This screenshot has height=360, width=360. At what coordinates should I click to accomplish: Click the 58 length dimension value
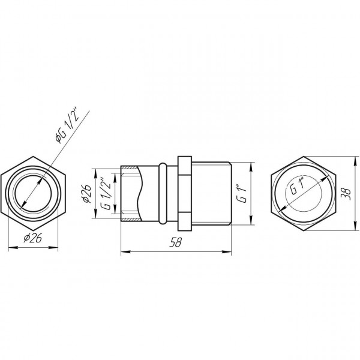pos(175,242)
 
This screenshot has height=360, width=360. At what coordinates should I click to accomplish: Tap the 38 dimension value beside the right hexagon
pos(346,194)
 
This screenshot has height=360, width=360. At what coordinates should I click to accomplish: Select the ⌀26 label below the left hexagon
pos(33,238)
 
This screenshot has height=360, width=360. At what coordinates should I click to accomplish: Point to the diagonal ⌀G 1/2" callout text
pos(67,126)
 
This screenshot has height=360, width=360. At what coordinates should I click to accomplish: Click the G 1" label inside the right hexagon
pos(298,186)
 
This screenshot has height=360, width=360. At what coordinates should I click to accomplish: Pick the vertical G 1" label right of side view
pos(242,193)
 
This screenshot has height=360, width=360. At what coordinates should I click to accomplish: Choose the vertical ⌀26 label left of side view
pos(87,194)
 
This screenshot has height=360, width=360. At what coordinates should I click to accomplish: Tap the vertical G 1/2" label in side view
pos(106,193)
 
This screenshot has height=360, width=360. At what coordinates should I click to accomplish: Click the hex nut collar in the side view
pos(185,194)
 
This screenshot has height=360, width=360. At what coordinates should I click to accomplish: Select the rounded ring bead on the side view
pos(163,193)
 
